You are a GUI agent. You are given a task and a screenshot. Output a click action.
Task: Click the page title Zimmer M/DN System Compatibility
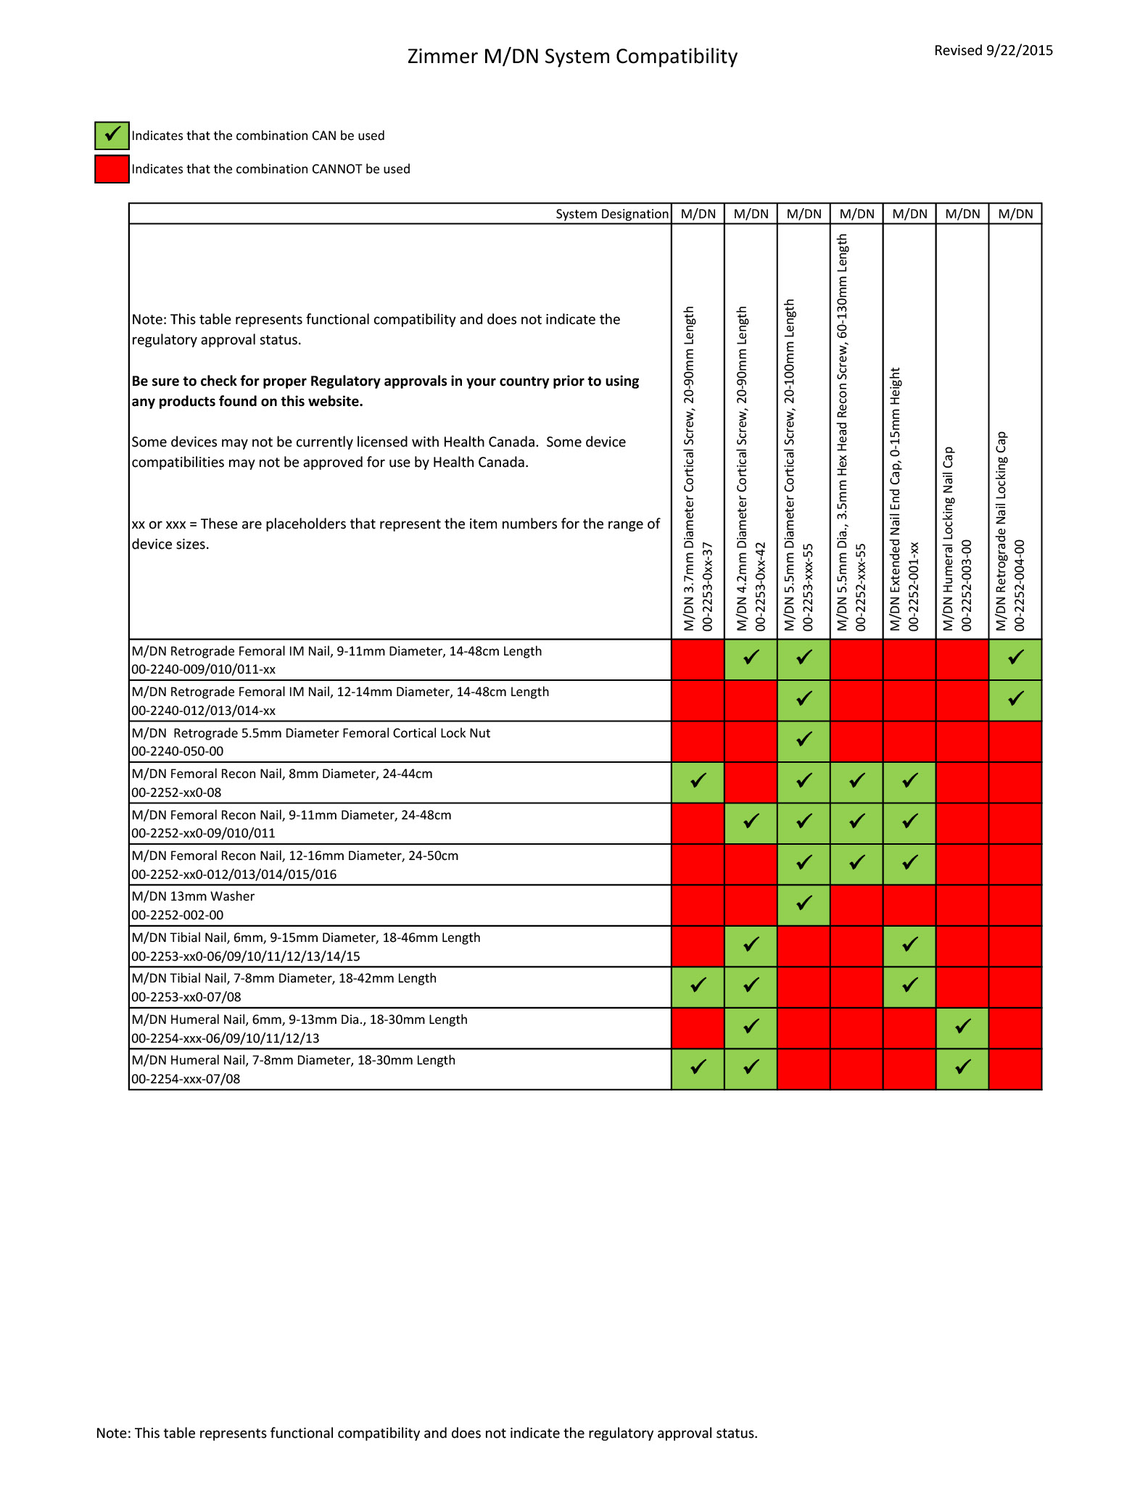572,57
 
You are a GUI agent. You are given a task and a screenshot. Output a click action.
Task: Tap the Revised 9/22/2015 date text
993,51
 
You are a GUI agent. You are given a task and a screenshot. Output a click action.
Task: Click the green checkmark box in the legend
112,136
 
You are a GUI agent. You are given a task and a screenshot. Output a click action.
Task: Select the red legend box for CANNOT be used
112,169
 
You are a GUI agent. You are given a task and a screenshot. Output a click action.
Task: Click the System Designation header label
611,214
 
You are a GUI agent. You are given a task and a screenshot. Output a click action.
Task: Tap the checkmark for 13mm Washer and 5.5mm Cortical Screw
804,905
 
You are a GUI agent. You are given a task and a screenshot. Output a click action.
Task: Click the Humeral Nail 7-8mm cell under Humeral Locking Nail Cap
962,1069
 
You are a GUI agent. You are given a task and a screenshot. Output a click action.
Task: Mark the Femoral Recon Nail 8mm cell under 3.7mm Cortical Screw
698,782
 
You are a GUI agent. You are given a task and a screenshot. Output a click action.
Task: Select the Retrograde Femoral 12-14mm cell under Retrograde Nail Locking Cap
1015,700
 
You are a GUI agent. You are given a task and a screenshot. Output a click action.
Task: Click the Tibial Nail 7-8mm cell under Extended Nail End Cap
909,987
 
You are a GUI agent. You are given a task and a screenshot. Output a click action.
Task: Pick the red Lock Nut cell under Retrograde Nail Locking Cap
1015,741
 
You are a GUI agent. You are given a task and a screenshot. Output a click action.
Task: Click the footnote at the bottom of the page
426,1433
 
